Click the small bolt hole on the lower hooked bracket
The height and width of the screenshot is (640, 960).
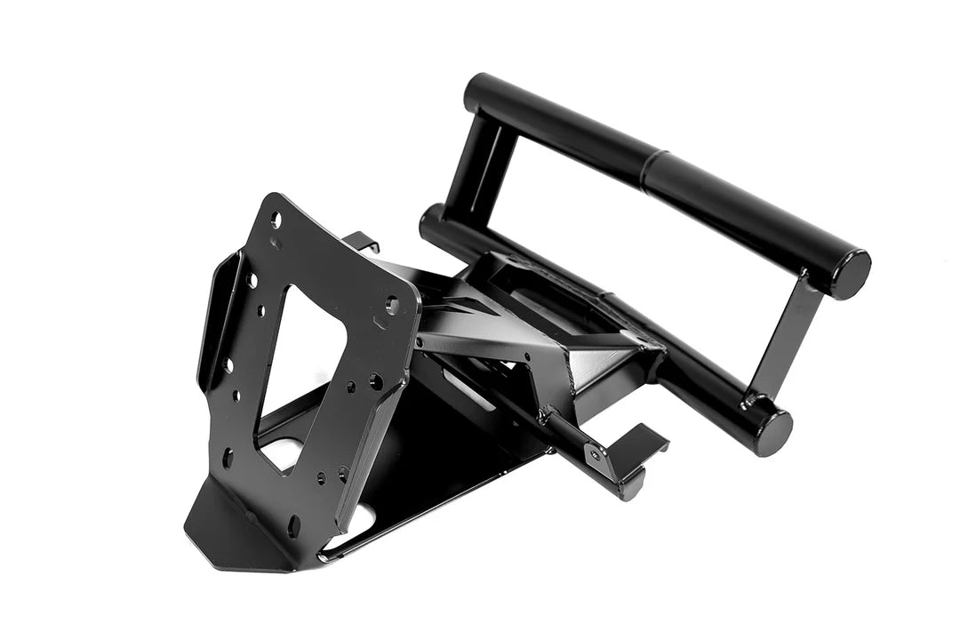595,455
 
